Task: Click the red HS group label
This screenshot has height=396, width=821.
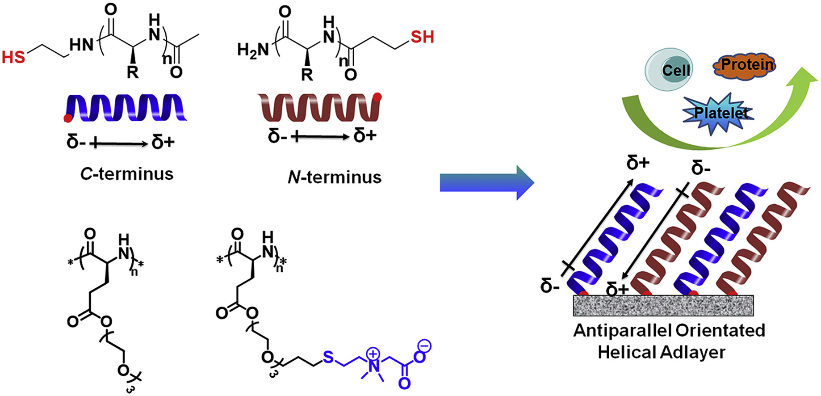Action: tap(13, 57)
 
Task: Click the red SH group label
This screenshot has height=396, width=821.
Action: tap(422, 37)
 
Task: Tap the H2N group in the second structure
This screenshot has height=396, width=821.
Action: tap(253, 50)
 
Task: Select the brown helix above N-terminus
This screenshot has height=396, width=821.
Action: tap(319, 108)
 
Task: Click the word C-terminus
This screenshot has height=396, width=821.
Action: tap(127, 174)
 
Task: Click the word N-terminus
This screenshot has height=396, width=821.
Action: tap(335, 177)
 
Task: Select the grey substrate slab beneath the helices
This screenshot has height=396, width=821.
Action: tap(663, 305)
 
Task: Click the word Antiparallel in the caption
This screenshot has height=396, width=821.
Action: tap(622, 331)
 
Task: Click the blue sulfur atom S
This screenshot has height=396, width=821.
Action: tap(328, 357)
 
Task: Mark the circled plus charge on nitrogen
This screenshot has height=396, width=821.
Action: tap(372, 354)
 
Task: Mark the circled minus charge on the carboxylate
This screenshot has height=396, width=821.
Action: tap(424, 345)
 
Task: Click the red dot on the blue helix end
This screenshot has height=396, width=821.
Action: tap(68, 118)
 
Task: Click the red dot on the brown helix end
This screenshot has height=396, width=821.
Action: tap(377, 96)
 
